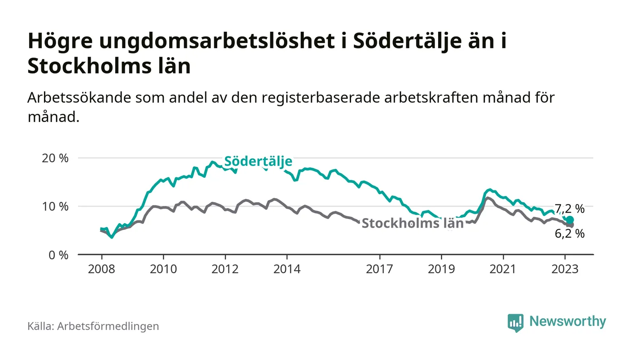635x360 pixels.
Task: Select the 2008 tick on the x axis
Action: pyautogui.click(x=101, y=269)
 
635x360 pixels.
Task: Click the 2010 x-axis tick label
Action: pyautogui.click(x=163, y=269)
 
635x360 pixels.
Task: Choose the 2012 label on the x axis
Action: pyautogui.click(x=225, y=269)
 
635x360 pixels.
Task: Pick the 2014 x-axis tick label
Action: pyautogui.click(x=287, y=269)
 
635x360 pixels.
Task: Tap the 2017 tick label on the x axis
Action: pyautogui.click(x=379, y=269)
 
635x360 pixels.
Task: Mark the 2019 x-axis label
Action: pyautogui.click(x=441, y=269)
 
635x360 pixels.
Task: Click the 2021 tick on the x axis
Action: pyautogui.click(x=503, y=269)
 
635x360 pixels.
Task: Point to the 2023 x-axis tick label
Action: pyautogui.click(x=565, y=269)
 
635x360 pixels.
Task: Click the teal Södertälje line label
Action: pyautogui.click(x=258, y=161)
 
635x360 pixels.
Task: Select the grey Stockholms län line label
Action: pyautogui.click(x=413, y=223)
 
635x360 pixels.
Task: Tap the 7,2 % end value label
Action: pyautogui.click(x=570, y=209)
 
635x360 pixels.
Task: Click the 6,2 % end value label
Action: pyautogui.click(x=570, y=234)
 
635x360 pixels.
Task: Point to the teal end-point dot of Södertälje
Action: pyautogui.click(x=570, y=220)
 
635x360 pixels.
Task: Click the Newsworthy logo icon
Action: pyautogui.click(x=516, y=323)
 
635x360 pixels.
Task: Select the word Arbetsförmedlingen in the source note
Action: pyautogui.click(x=108, y=326)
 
